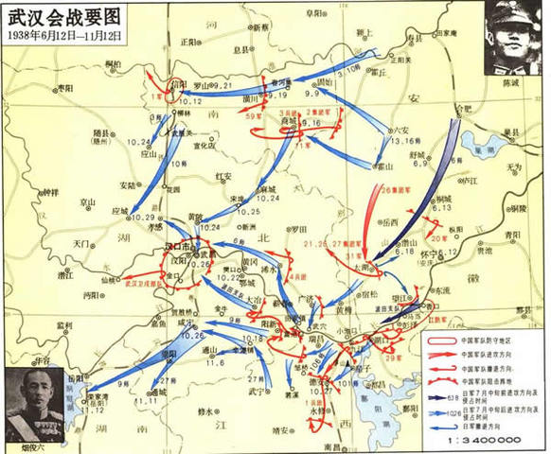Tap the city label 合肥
[x=461, y=110]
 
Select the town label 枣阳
[x=65, y=86]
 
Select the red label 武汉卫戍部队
[x=150, y=280]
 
